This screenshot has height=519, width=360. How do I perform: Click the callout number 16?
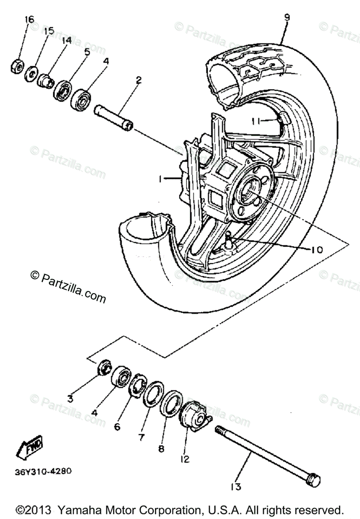tap(29, 20)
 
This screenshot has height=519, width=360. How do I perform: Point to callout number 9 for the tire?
tap(286, 17)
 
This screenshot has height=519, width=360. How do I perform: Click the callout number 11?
tap(257, 122)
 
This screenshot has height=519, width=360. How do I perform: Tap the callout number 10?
tap(317, 249)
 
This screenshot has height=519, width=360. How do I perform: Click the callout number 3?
tap(70, 398)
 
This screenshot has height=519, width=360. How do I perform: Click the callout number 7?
tap(141, 437)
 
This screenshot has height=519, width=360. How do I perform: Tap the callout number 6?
tap(117, 426)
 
